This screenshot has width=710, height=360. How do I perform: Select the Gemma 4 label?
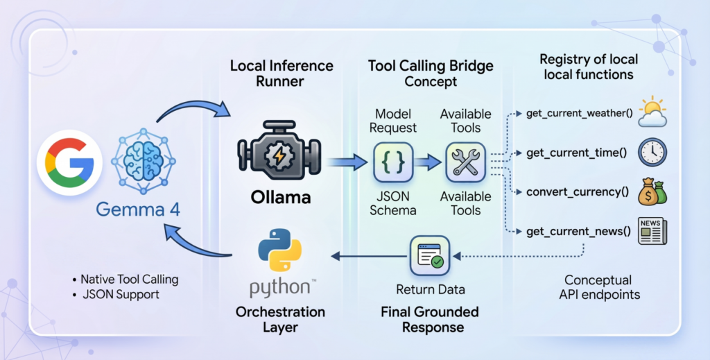[138, 209]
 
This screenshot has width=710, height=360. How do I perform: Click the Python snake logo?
[280, 257]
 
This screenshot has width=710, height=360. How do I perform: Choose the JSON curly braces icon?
[394, 162]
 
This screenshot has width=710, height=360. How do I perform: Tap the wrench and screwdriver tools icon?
[465, 162]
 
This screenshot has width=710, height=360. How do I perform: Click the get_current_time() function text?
[571, 153]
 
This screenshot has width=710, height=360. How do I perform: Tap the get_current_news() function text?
[573, 232]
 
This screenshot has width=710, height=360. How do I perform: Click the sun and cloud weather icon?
[652, 113]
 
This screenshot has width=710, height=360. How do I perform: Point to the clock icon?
[652, 153]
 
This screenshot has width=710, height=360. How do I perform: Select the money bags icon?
[652, 191]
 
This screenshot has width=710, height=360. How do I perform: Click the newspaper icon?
[652, 232]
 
